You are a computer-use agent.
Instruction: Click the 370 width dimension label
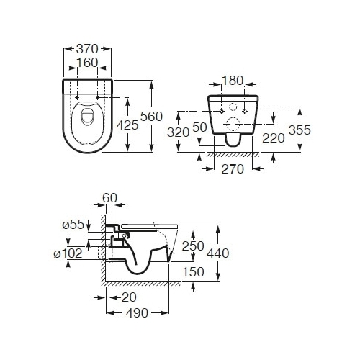pyautogui.click(x=87, y=49)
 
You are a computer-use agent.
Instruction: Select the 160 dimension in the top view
pyautogui.click(x=87, y=63)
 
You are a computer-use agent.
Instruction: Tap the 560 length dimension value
pyautogui.click(x=151, y=117)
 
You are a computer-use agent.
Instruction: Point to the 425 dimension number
pyautogui.click(x=127, y=125)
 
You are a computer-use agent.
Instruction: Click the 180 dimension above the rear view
pyautogui.click(x=233, y=81)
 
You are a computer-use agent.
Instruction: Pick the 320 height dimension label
pyautogui.click(x=178, y=132)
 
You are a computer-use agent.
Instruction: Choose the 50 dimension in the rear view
pyautogui.click(x=199, y=127)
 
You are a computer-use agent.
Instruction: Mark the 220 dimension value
pyautogui.click(x=274, y=138)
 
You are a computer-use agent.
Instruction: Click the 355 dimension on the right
pyautogui.click(x=300, y=130)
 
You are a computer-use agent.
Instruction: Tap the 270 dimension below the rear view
pyautogui.click(x=233, y=169)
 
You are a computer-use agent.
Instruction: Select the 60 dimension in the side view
pyautogui.click(x=109, y=198)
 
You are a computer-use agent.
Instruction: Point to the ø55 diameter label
pyautogui.click(x=73, y=225)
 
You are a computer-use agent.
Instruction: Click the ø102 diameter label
pyautogui.click(x=68, y=253)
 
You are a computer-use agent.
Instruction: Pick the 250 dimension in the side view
pyautogui.click(x=193, y=246)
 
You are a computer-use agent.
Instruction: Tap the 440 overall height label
pyautogui.click(x=218, y=253)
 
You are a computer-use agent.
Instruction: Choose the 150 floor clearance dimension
pyautogui.click(x=193, y=272)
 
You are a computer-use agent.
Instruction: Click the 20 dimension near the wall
pyautogui.click(x=129, y=297)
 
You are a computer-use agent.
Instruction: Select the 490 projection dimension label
pyautogui.click(x=137, y=313)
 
